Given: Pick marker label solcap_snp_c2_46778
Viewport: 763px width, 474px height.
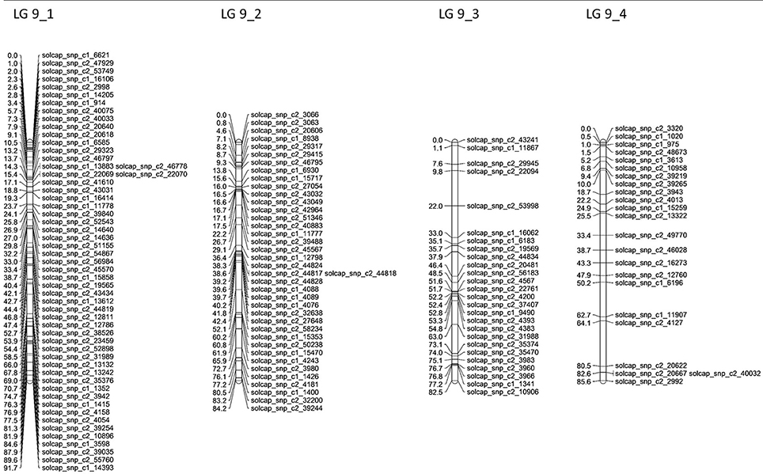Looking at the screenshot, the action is [x=147, y=166].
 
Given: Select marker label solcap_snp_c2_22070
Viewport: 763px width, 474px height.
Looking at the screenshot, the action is [x=147, y=174].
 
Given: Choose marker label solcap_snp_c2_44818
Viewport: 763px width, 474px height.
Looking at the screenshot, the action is [x=357, y=274].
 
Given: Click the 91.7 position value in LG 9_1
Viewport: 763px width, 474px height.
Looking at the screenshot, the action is [x=12, y=468].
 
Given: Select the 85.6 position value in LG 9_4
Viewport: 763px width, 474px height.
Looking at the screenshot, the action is [x=585, y=381].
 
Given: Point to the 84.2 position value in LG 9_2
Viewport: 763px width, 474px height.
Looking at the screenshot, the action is [x=222, y=408].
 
